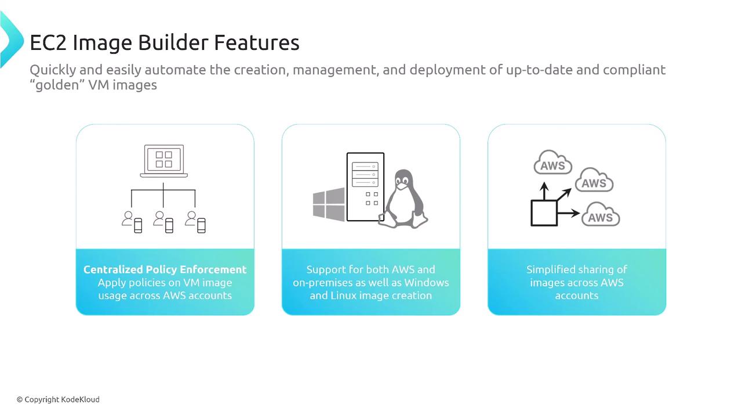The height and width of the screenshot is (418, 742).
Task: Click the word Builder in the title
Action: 173,42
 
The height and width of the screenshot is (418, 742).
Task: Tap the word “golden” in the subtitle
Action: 57,85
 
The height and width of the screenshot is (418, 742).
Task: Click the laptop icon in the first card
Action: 163,161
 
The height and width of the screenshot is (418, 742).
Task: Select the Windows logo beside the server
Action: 329,204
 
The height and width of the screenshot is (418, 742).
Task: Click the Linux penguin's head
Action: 403,180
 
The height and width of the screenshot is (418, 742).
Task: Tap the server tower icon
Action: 365,187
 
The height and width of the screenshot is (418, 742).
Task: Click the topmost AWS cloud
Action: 552,163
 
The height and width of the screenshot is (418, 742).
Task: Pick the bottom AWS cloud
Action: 601,215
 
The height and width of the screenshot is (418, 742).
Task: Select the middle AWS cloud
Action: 594,180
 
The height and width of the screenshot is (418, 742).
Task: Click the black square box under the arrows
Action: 544,213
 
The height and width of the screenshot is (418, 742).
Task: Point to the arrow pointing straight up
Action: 544,191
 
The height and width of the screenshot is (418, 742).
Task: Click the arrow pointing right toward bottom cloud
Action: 569,213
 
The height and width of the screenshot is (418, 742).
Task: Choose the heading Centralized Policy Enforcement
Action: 165,269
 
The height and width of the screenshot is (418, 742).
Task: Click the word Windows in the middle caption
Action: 427,283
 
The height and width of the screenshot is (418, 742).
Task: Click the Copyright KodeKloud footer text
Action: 58,399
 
